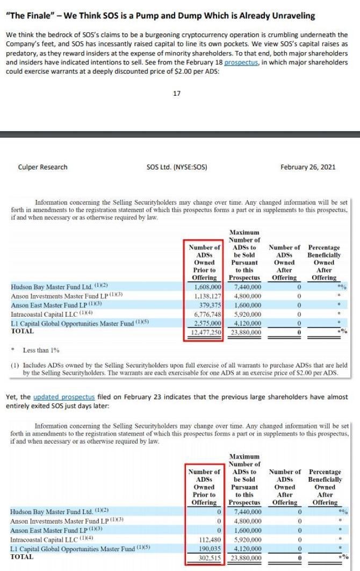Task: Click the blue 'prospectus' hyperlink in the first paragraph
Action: tap(242, 62)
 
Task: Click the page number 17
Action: tap(177, 94)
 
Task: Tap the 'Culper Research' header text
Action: tap(42, 167)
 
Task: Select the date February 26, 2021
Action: tap(308, 167)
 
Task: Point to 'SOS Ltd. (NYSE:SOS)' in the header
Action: tap(176, 167)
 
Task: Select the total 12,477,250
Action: tap(206, 332)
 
